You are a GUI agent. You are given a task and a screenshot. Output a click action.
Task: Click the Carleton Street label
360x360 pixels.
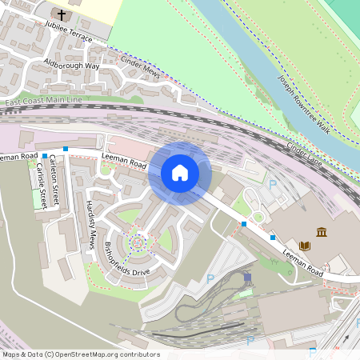tap(54, 183)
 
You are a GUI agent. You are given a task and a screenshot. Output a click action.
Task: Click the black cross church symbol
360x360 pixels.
tap(62, 14)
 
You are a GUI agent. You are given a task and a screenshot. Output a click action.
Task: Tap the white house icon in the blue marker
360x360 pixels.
tap(180, 173)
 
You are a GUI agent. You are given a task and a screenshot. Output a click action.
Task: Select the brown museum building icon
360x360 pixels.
tap(322, 232)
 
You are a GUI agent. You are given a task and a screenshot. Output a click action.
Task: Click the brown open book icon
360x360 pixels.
tap(304, 245)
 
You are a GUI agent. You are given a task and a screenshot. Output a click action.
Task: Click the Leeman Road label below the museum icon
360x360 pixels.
tap(302, 262)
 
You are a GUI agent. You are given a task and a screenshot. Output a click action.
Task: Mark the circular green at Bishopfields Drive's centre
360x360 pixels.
tap(137, 239)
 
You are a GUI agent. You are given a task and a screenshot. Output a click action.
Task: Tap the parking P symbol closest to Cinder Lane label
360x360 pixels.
tap(272, 184)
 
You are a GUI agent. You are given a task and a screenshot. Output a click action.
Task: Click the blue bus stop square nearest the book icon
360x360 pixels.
tap(273, 237)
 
